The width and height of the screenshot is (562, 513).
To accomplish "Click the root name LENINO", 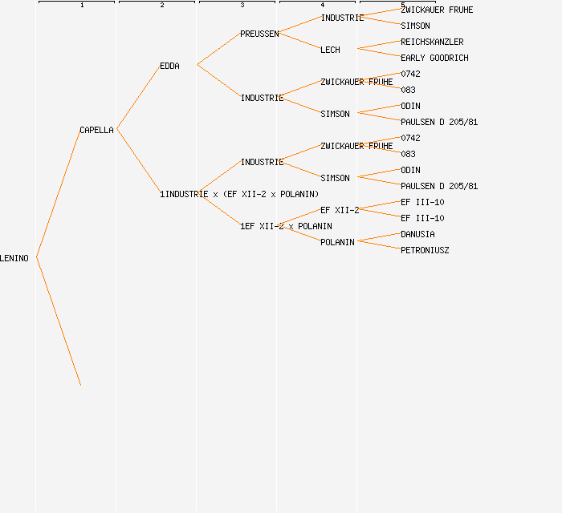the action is click(14, 258).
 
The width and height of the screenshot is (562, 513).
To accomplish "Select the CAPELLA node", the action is click(96, 130).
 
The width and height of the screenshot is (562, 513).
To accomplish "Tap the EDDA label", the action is click(169, 66).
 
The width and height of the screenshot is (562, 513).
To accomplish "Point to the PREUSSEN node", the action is click(259, 34).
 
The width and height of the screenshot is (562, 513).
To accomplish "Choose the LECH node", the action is click(330, 50).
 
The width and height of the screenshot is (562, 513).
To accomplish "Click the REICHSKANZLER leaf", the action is click(432, 42).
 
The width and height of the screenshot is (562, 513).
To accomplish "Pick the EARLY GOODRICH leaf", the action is click(434, 58).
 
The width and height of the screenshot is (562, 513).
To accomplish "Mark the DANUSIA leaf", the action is click(417, 234).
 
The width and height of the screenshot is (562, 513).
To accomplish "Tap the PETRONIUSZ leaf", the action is click(425, 250).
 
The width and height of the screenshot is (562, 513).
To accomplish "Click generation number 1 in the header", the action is click(82, 5).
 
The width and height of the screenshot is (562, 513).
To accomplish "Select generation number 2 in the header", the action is click(162, 5).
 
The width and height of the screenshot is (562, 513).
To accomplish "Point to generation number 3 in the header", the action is click(242, 5).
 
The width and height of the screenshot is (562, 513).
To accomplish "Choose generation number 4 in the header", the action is click(323, 5).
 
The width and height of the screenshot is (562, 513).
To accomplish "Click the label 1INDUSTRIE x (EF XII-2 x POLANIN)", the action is click(239, 194).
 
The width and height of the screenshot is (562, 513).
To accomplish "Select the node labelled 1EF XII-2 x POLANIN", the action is click(286, 226).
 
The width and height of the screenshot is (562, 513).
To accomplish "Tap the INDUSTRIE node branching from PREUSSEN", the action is click(342, 18).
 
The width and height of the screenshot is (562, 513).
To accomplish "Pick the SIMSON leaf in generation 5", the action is click(415, 26).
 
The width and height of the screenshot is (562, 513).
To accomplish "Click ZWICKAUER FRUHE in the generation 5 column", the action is click(437, 10).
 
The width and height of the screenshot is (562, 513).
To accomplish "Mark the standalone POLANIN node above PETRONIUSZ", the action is click(337, 242).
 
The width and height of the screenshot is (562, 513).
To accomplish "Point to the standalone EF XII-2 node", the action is click(340, 210).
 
